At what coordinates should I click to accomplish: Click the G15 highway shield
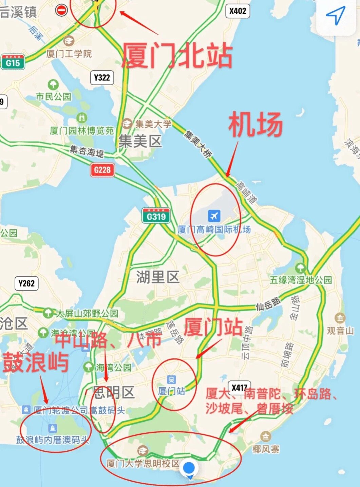pos(13,62)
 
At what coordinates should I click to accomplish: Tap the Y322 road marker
pos(102,78)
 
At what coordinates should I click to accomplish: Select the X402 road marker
pos(238,11)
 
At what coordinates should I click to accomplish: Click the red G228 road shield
pos(102,170)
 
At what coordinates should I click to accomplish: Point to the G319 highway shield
pos(156,216)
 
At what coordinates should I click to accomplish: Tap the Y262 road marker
pos(26,283)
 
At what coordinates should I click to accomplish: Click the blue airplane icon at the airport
pos(214,216)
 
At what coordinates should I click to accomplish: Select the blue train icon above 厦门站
pos(171,380)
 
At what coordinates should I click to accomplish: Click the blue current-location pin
pos(189,469)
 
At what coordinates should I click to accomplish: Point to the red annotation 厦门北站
pos(177,56)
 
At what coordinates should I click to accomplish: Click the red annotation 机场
pos(255,124)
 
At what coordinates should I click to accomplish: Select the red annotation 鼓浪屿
pos(36,362)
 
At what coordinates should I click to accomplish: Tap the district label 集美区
pos(140,141)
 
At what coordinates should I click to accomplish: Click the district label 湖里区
pos(158,277)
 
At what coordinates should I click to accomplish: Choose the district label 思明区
pos(114,393)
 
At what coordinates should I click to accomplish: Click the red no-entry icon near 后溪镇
pos(61,10)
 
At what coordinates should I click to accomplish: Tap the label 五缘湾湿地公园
pos(301,280)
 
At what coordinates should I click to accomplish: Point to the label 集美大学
pos(153,124)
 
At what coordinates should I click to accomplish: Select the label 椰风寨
pos(266,449)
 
